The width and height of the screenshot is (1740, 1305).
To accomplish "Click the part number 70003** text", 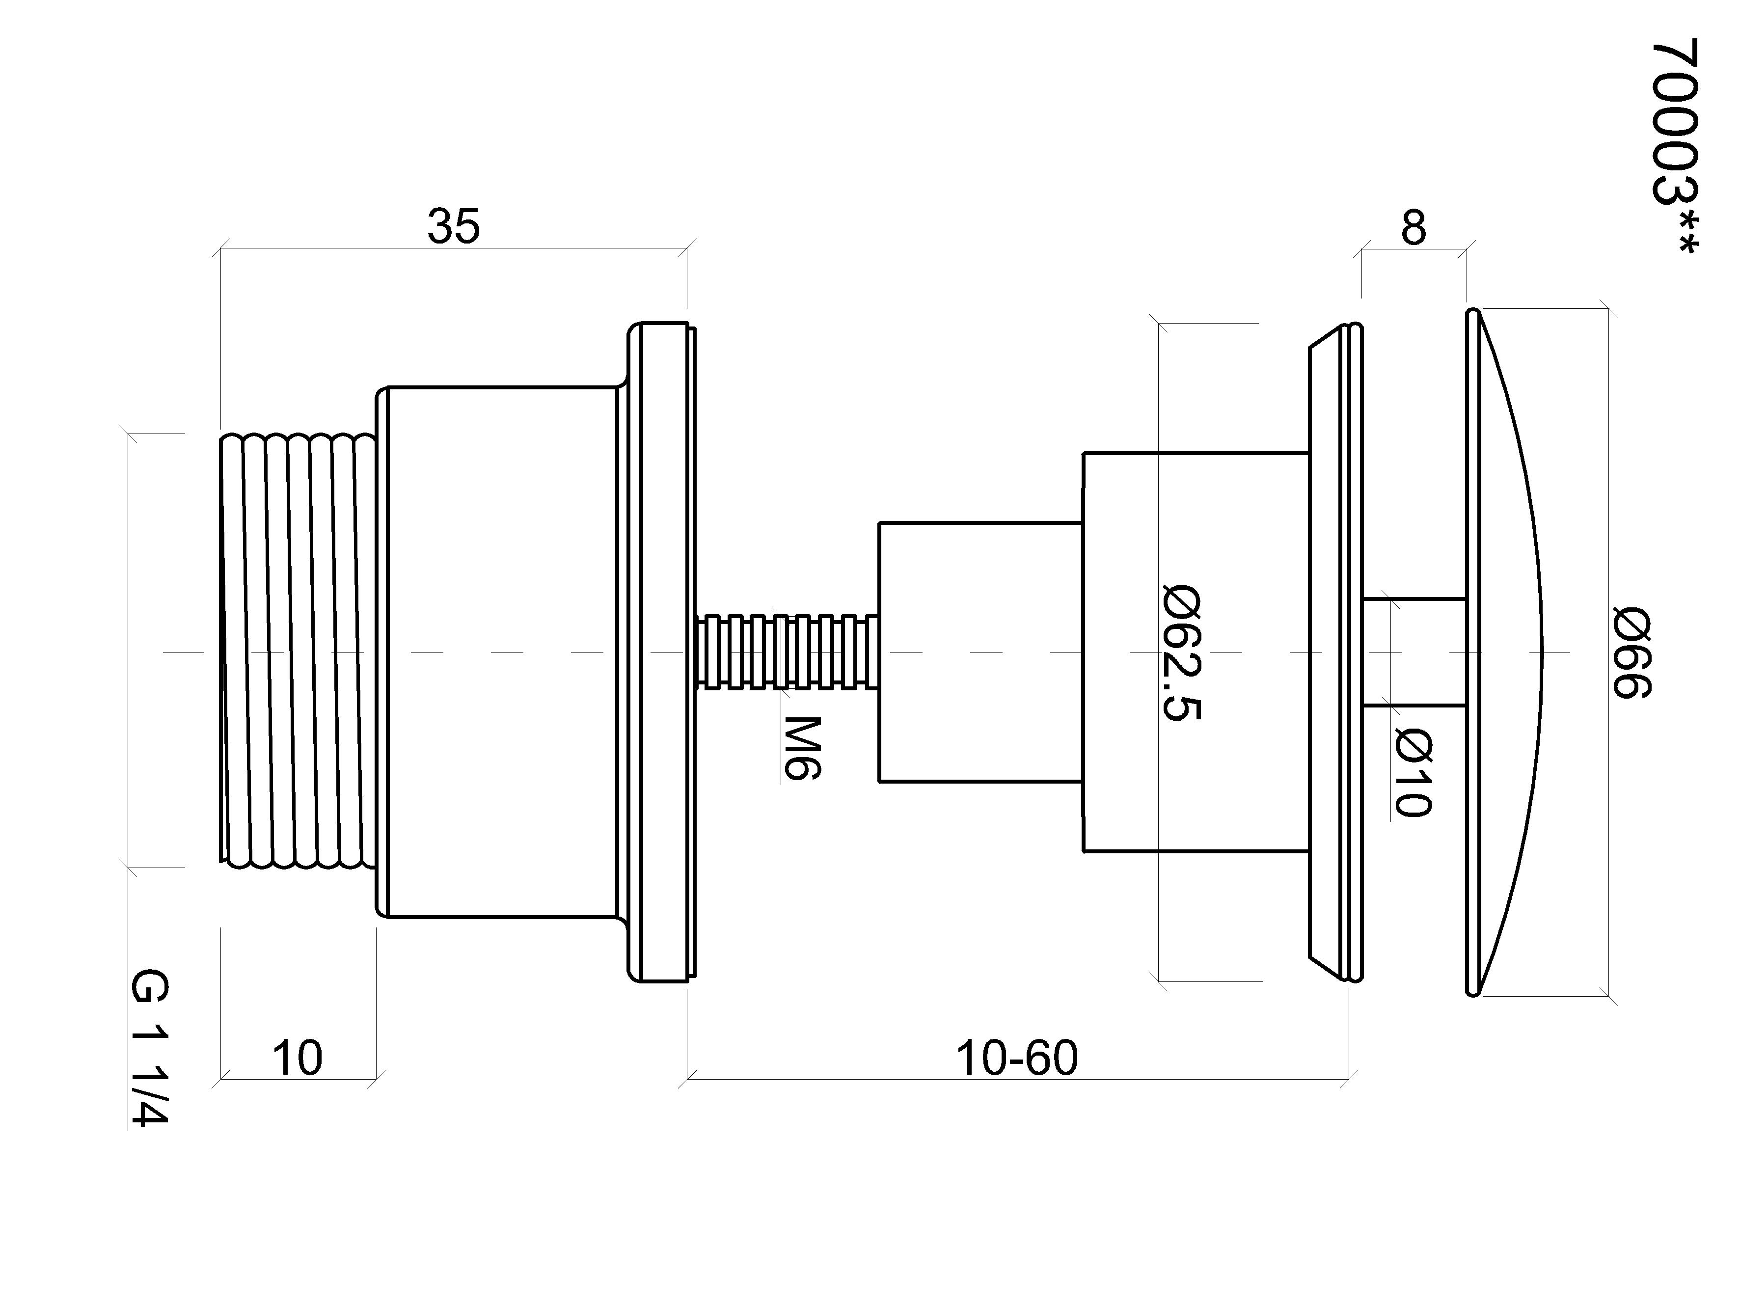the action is coord(1676,147).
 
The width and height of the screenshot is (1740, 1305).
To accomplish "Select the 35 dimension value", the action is coord(453,226).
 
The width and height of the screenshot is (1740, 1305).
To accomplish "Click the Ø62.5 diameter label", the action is coord(1181,652).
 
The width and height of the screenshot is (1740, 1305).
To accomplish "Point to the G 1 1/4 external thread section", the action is coord(298,652).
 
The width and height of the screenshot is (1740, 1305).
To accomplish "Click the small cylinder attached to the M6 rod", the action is coord(980,652).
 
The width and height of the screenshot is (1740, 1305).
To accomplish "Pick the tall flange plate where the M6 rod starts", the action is coord(661,652).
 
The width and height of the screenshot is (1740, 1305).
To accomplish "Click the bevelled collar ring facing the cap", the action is coord(1335,652).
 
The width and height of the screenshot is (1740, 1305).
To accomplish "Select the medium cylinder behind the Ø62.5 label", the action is coord(1196,652).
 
